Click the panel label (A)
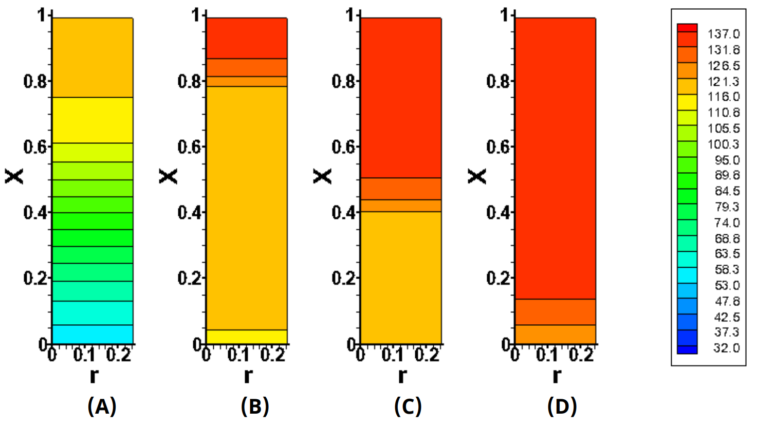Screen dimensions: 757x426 (x=102, y=406)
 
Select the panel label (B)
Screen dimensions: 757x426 (x=255, y=406)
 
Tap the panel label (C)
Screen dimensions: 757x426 (x=408, y=406)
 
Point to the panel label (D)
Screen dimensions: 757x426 (x=562, y=406)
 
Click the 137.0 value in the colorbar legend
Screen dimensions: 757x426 (x=724, y=34)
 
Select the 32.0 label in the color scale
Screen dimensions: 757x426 (x=727, y=348)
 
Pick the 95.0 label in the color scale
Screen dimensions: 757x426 (x=727, y=160)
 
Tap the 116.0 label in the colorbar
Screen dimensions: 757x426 (x=724, y=97)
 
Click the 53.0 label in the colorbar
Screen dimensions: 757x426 (x=727, y=286)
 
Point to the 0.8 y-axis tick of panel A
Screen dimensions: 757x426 (x=35, y=81)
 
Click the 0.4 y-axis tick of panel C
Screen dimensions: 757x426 (x=343, y=213)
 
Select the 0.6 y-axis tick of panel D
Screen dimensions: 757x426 (x=498, y=147)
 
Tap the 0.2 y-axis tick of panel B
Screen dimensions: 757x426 (x=189, y=278)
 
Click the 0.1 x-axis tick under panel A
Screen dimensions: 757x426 (x=84, y=355)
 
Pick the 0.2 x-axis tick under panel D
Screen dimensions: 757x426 (x=581, y=355)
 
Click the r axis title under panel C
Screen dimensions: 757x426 (x=402, y=375)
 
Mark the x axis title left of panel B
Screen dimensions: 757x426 (x=168, y=176)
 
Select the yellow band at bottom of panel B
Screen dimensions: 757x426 (x=247, y=337)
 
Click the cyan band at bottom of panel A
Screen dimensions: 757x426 (x=93, y=335)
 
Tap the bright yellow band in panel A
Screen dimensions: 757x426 (x=93, y=120)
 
